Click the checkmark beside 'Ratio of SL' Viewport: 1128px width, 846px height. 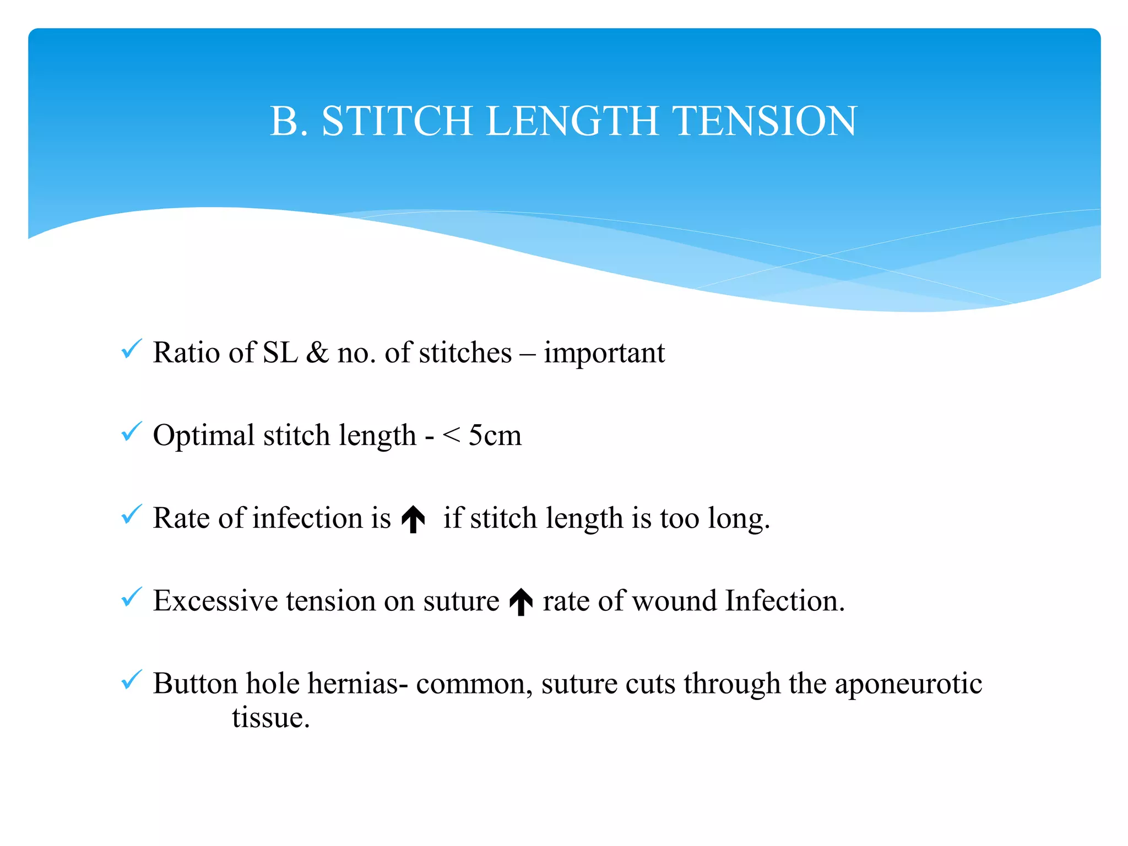tap(132, 349)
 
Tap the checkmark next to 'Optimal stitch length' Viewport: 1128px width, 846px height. tap(132, 432)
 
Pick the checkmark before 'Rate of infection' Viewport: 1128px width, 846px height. tap(132, 514)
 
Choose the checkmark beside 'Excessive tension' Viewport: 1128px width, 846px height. tap(132, 597)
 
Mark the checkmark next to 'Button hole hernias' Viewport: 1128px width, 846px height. tap(132, 680)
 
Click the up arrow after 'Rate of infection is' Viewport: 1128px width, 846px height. tap(413, 520)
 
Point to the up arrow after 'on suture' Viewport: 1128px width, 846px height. tap(521, 601)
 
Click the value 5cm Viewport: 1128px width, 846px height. tap(495, 436)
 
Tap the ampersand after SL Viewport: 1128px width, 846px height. tap(317, 353)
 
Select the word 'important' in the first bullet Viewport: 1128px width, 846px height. tap(604, 353)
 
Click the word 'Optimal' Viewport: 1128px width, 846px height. tap(203, 436)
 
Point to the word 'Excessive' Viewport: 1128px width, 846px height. tap(215, 601)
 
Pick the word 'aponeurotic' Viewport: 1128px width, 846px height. tap(908, 684)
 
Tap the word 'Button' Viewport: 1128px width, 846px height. tap(195, 684)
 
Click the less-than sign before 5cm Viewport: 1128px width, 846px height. tap(451, 436)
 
